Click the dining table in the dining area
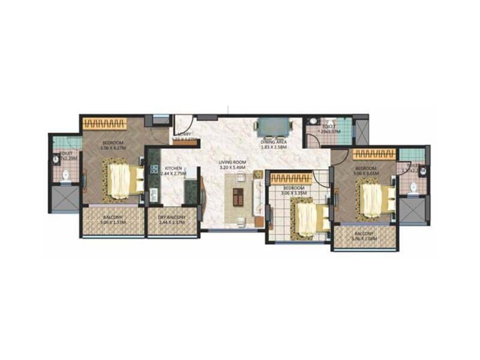pyautogui.click(x=274, y=127)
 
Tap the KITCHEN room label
pyautogui.click(x=173, y=168)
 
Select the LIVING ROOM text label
pyautogui.click(x=232, y=161)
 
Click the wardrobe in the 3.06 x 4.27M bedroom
pyautogui.click(x=104, y=124)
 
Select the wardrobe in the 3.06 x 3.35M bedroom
pyautogui.click(x=291, y=178)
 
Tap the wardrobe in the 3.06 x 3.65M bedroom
pyautogui.click(x=374, y=154)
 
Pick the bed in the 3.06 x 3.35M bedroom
pyautogui.click(x=310, y=218)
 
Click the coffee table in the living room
pyautogui.click(x=239, y=196)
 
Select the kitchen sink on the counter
pyautogui.click(x=153, y=195)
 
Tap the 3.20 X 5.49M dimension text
pyautogui.click(x=232, y=168)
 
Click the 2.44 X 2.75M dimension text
pyautogui.click(x=173, y=174)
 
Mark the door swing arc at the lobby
pyautogui.click(x=181, y=132)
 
